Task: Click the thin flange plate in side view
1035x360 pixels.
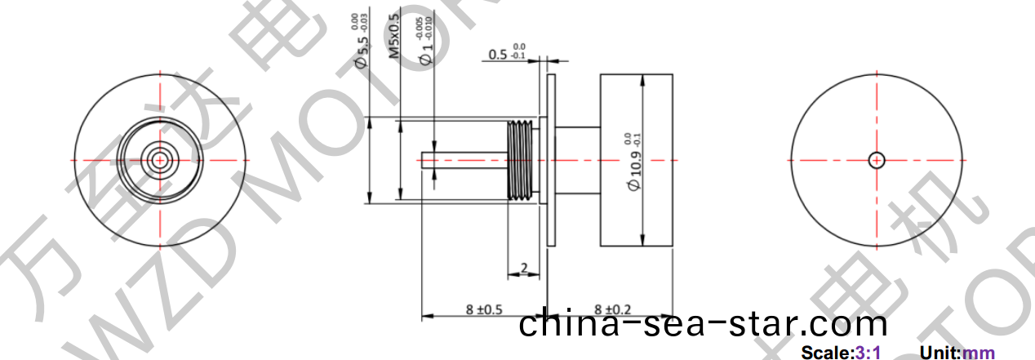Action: coord(550,159)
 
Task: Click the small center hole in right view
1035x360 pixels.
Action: coord(877,160)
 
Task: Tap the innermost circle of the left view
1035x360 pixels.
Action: coord(160,158)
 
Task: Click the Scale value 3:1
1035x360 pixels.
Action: coord(867,353)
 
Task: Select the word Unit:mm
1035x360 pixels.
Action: coord(957,353)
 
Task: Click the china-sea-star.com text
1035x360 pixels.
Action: coord(703,324)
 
